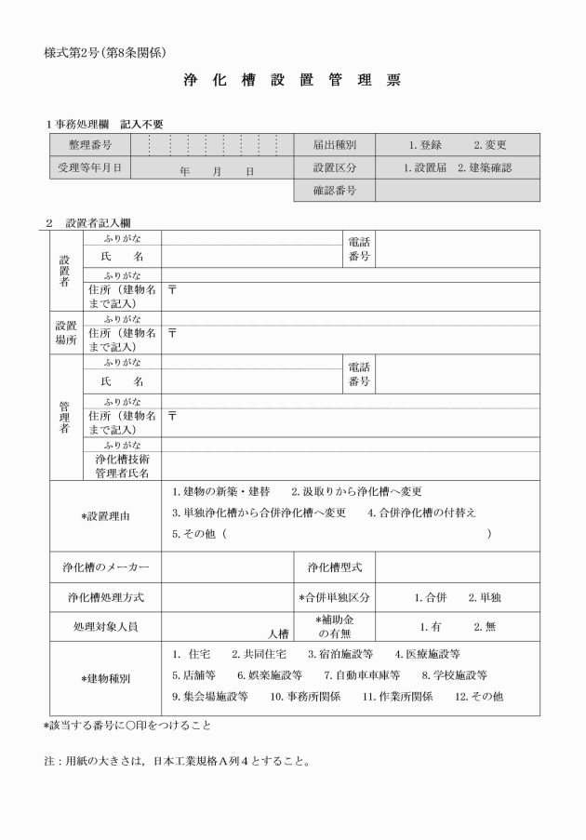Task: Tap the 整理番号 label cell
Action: pos(90,145)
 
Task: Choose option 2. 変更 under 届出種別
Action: pos(489,145)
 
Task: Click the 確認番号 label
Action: pos(335,192)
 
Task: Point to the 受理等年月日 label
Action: pos(90,168)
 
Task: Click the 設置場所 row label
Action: pos(66,333)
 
